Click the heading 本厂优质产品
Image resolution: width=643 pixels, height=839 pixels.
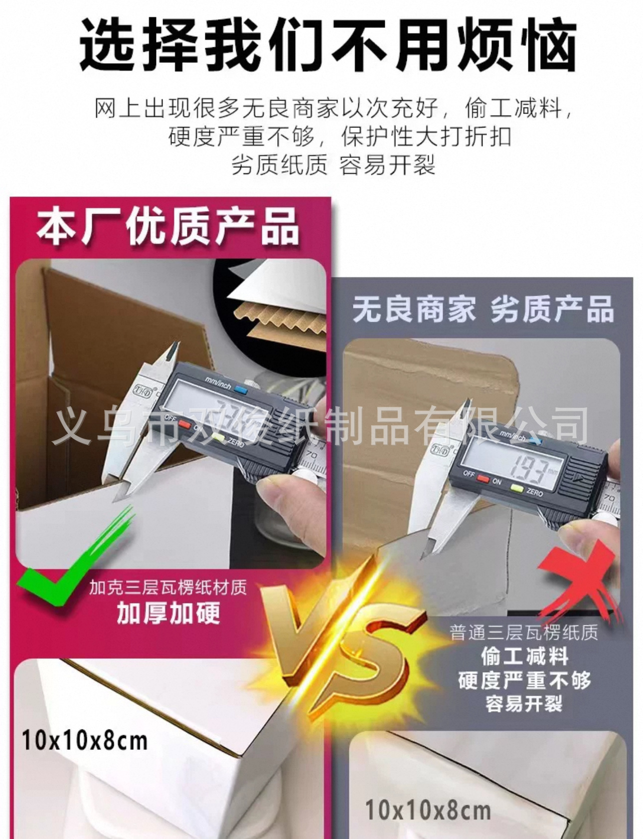[167, 228]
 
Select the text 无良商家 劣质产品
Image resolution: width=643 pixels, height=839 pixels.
[482, 309]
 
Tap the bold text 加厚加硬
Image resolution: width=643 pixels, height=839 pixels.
[168, 613]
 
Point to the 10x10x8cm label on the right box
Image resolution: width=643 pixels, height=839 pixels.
[428, 810]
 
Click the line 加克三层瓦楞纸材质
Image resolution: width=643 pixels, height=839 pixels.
[168, 588]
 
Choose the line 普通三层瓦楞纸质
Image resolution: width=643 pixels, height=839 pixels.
[523, 632]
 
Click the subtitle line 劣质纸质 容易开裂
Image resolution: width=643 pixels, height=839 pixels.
[333, 164]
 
